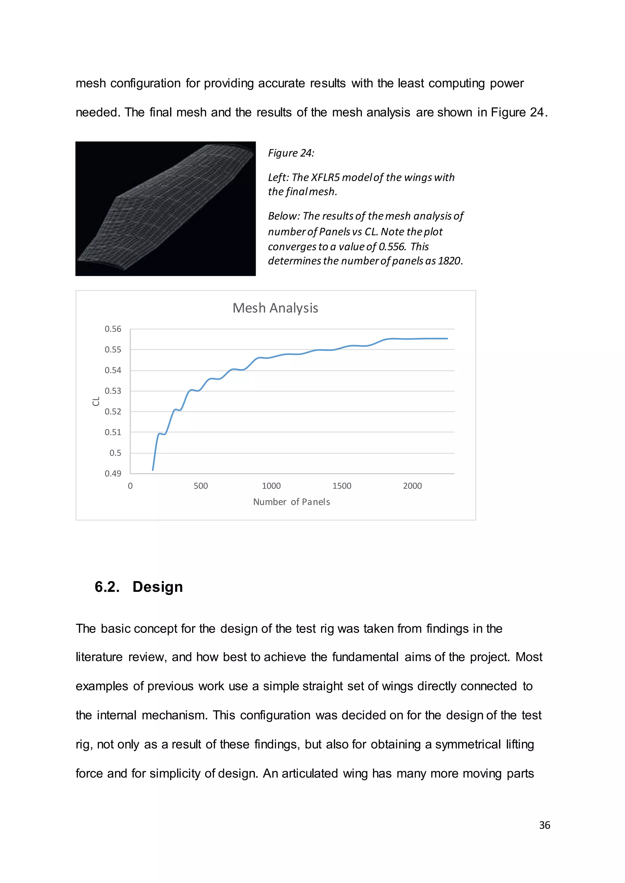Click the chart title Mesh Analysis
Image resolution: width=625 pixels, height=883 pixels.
[275, 308]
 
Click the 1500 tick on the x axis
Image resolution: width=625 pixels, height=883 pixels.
[342, 486]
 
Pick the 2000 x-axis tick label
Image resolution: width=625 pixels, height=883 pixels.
[412, 486]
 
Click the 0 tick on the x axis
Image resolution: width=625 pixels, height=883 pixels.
[130, 486]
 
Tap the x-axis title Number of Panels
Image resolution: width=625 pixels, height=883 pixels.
[291, 502]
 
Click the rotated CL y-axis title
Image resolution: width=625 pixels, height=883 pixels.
[96, 401]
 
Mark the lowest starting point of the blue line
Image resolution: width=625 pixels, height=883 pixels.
[153, 470]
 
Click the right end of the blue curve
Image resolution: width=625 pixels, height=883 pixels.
[447, 338]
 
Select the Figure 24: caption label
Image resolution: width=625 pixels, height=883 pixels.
[291, 153]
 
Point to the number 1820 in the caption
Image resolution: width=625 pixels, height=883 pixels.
[449, 261]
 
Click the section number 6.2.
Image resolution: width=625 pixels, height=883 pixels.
[107, 587]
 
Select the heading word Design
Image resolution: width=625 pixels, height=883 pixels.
[157, 587]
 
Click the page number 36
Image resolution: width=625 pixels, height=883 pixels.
[544, 825]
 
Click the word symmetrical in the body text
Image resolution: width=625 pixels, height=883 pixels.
[468, 745]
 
